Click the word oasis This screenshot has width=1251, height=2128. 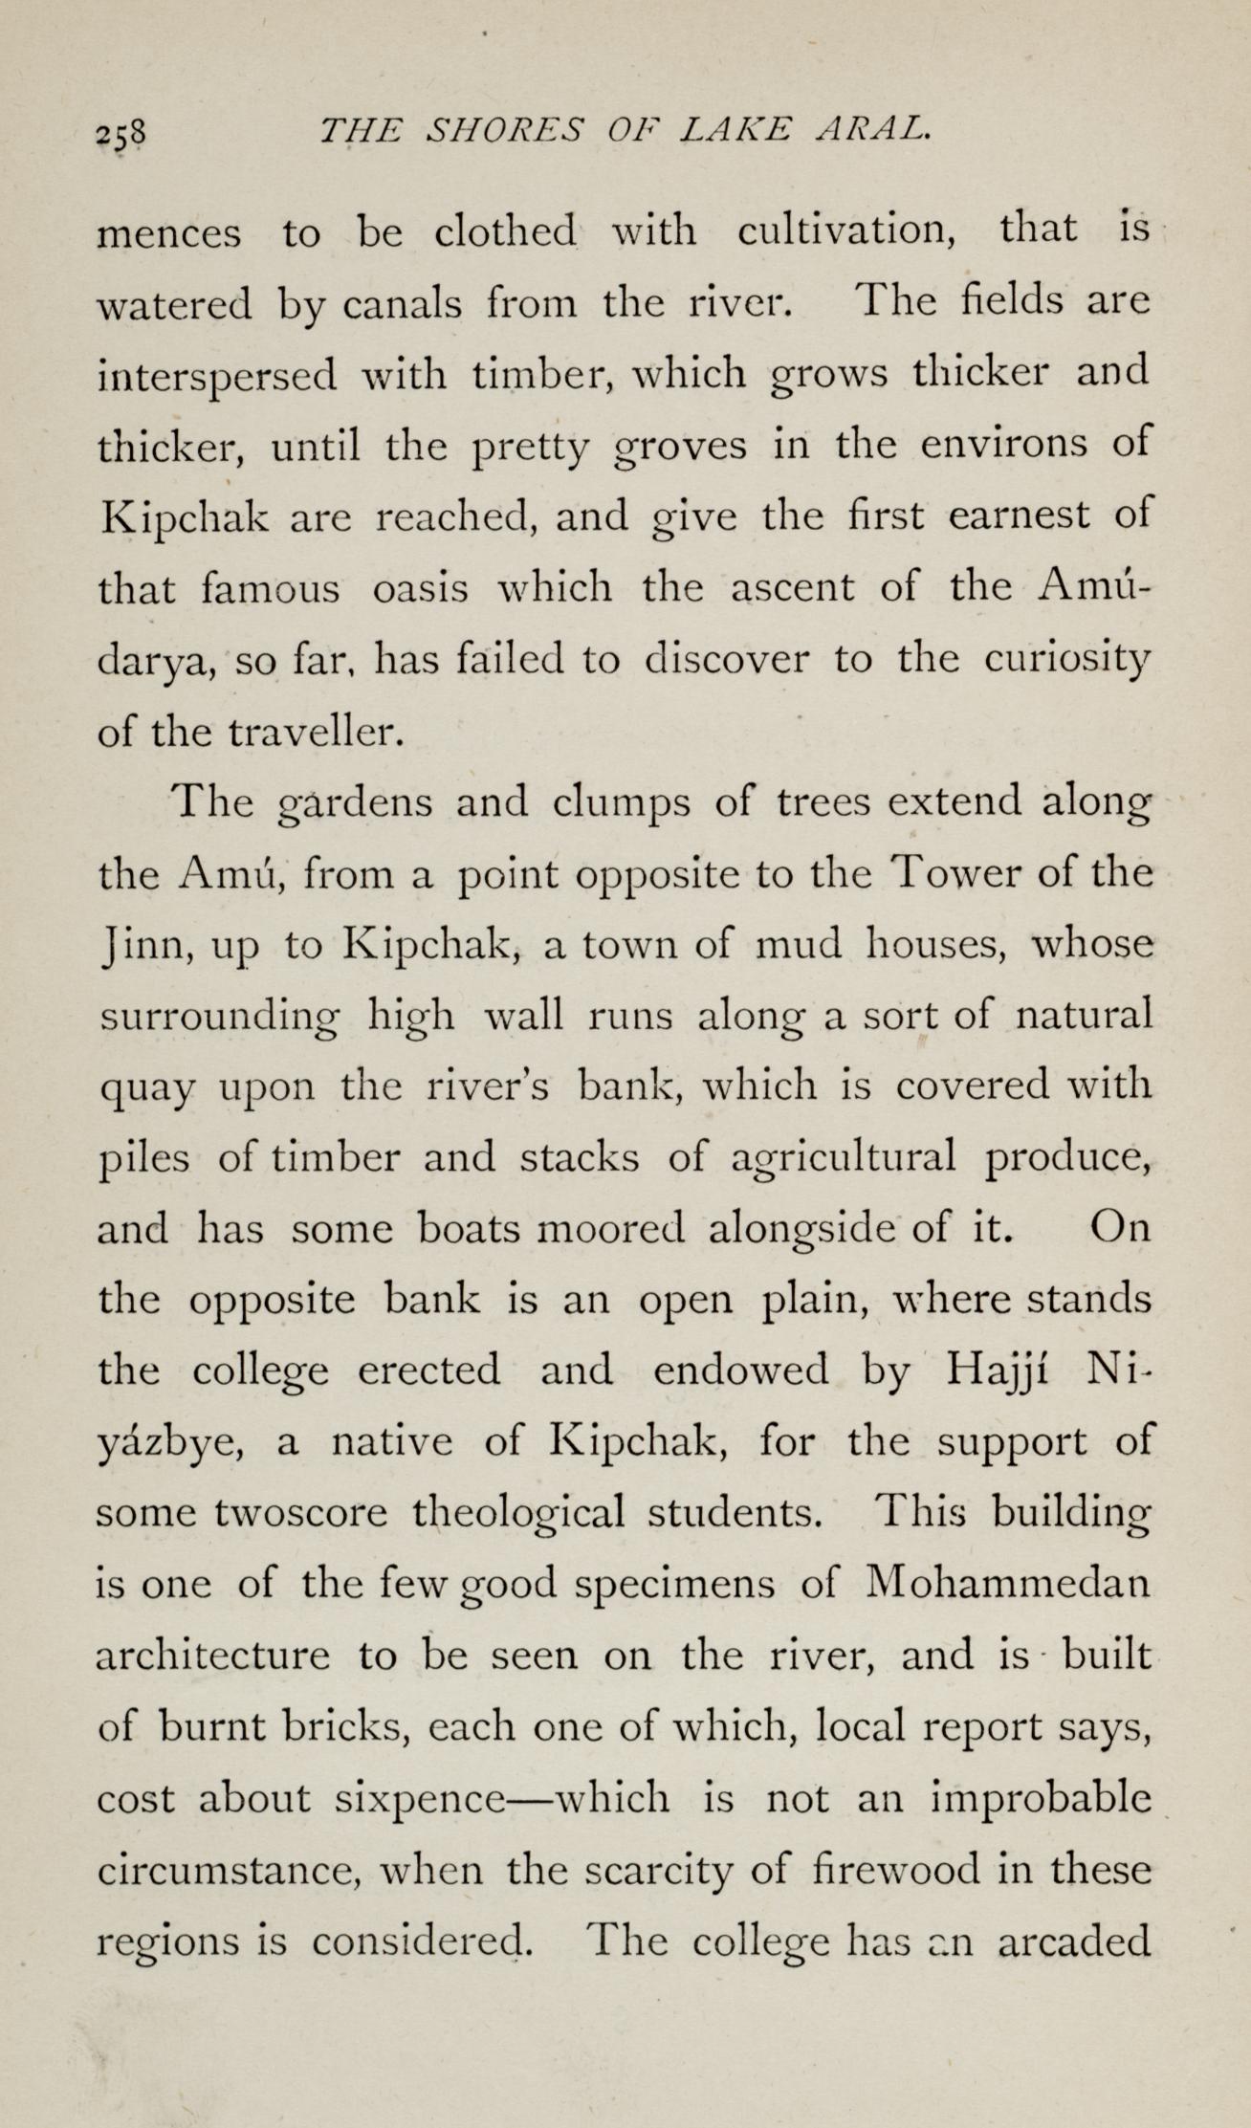[421, 588]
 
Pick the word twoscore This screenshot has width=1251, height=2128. [301, 1514]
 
